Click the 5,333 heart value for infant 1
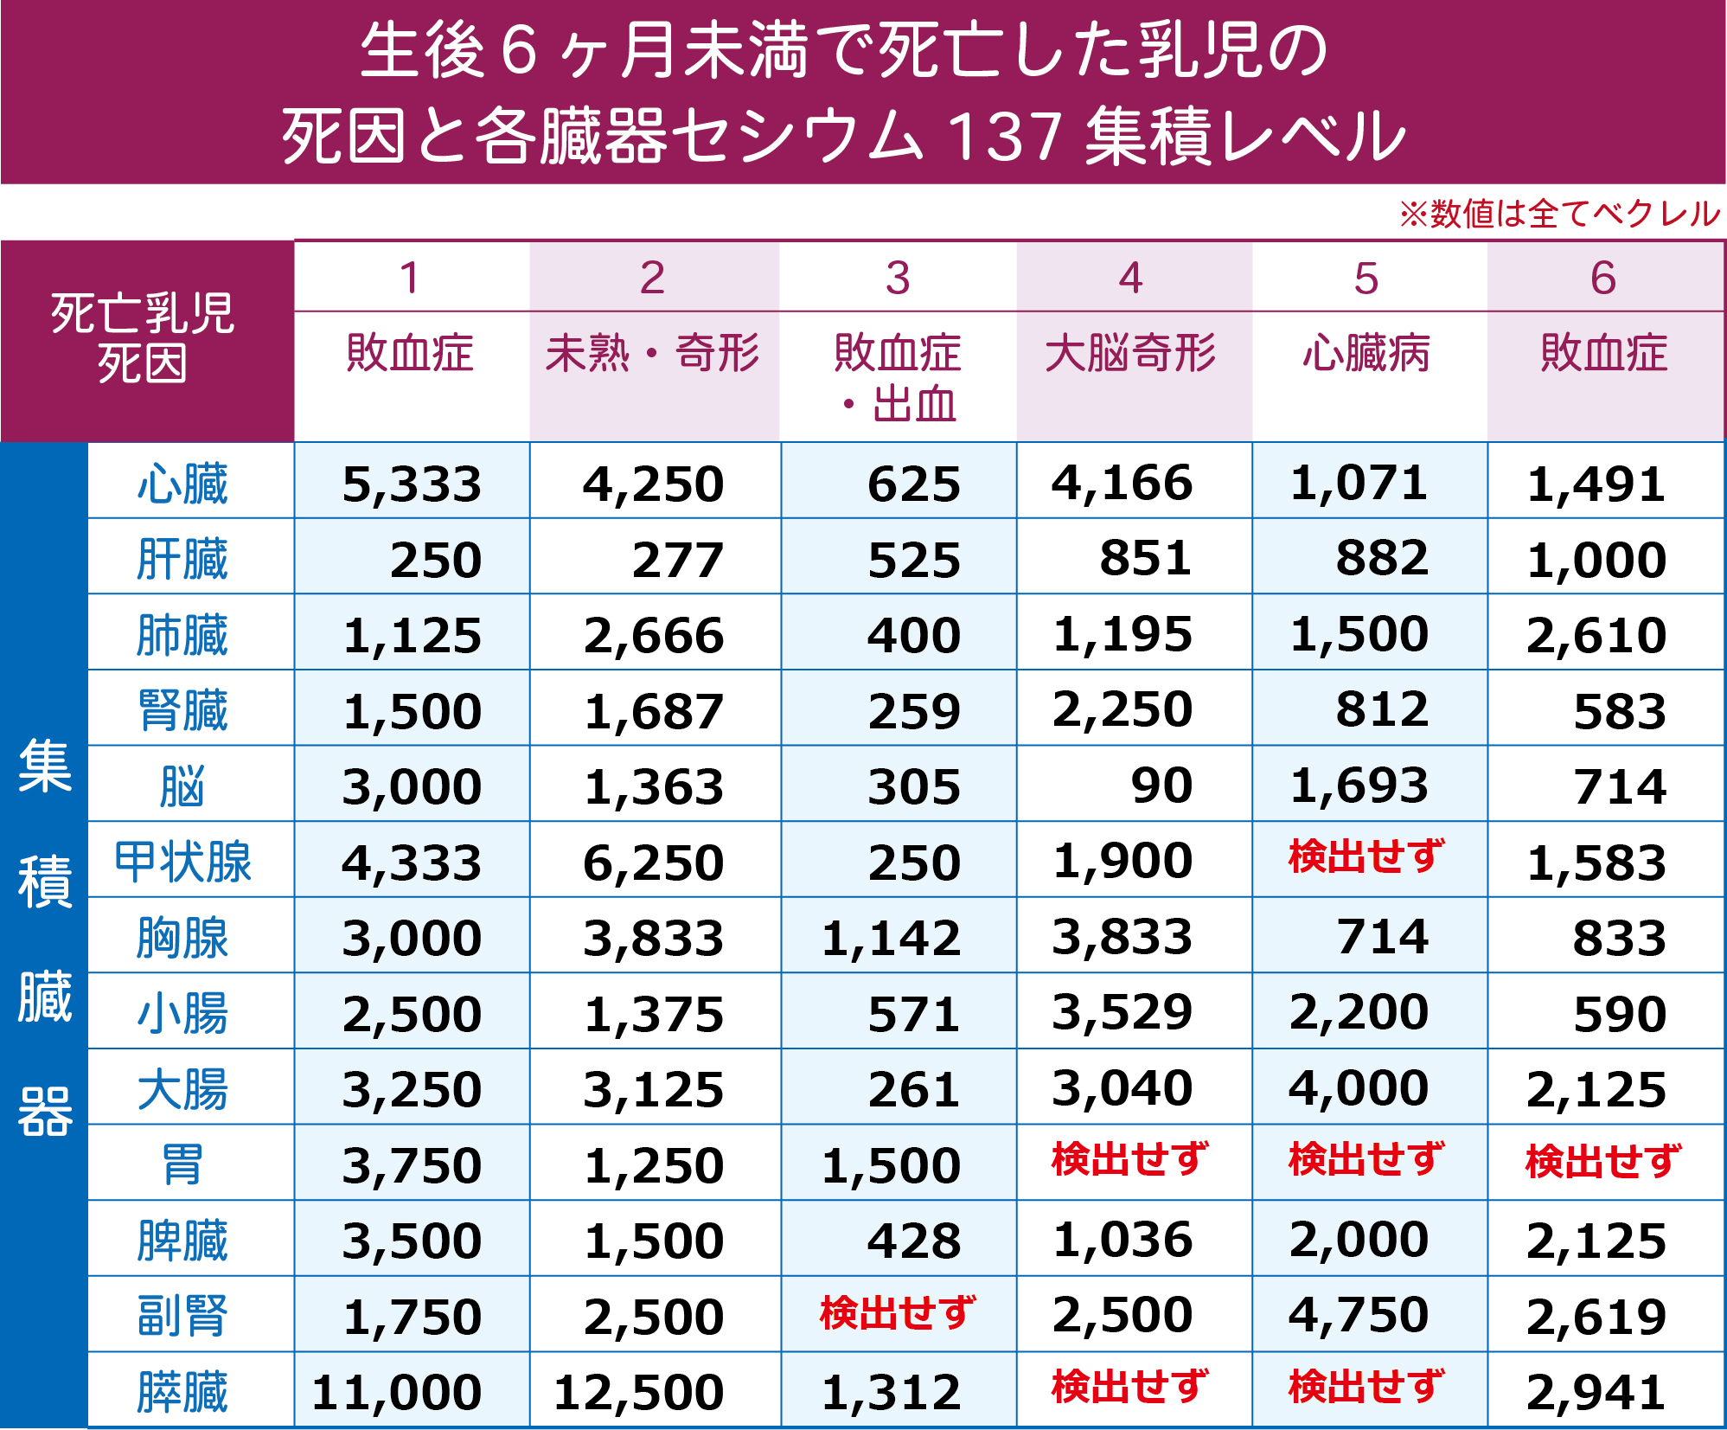tap(412, 484)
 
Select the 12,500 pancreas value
tap(638, 1392)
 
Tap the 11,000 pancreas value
tap(397, 1392)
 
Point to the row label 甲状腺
tap(182, 862)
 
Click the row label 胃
tap(182, 1164)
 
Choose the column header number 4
tap(1130, 278)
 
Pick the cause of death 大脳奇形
tap(1130, 353)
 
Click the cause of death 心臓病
tap(1366, 353)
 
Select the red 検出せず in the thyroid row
tap(1366, 856)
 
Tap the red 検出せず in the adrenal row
tap(898, 1313)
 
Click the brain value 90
tap(1161, 786)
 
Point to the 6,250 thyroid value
tap(653, 862)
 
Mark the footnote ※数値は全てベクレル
tap(1560, 214)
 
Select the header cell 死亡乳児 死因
tap(143, 338)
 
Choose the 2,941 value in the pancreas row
tap(1596, 1392)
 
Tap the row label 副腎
tap(182, 1316)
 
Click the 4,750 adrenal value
tap(1359, 1315)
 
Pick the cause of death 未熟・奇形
tap(653, 353)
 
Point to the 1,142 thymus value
tap(891, 938)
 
